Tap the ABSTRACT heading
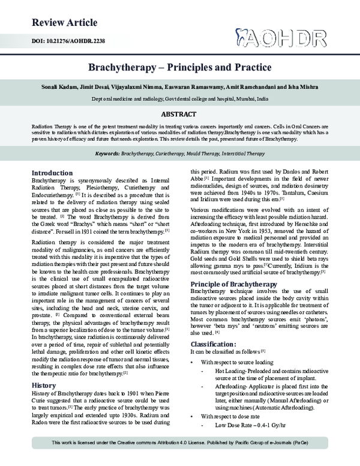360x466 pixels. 179,114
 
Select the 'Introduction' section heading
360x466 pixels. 56,172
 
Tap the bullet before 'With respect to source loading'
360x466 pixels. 191,363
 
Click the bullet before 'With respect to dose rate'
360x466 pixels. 191,416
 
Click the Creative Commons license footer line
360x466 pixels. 179,460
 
